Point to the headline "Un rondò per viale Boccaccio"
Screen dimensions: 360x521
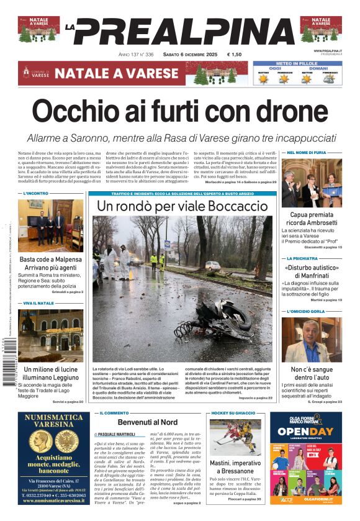[182, 206]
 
